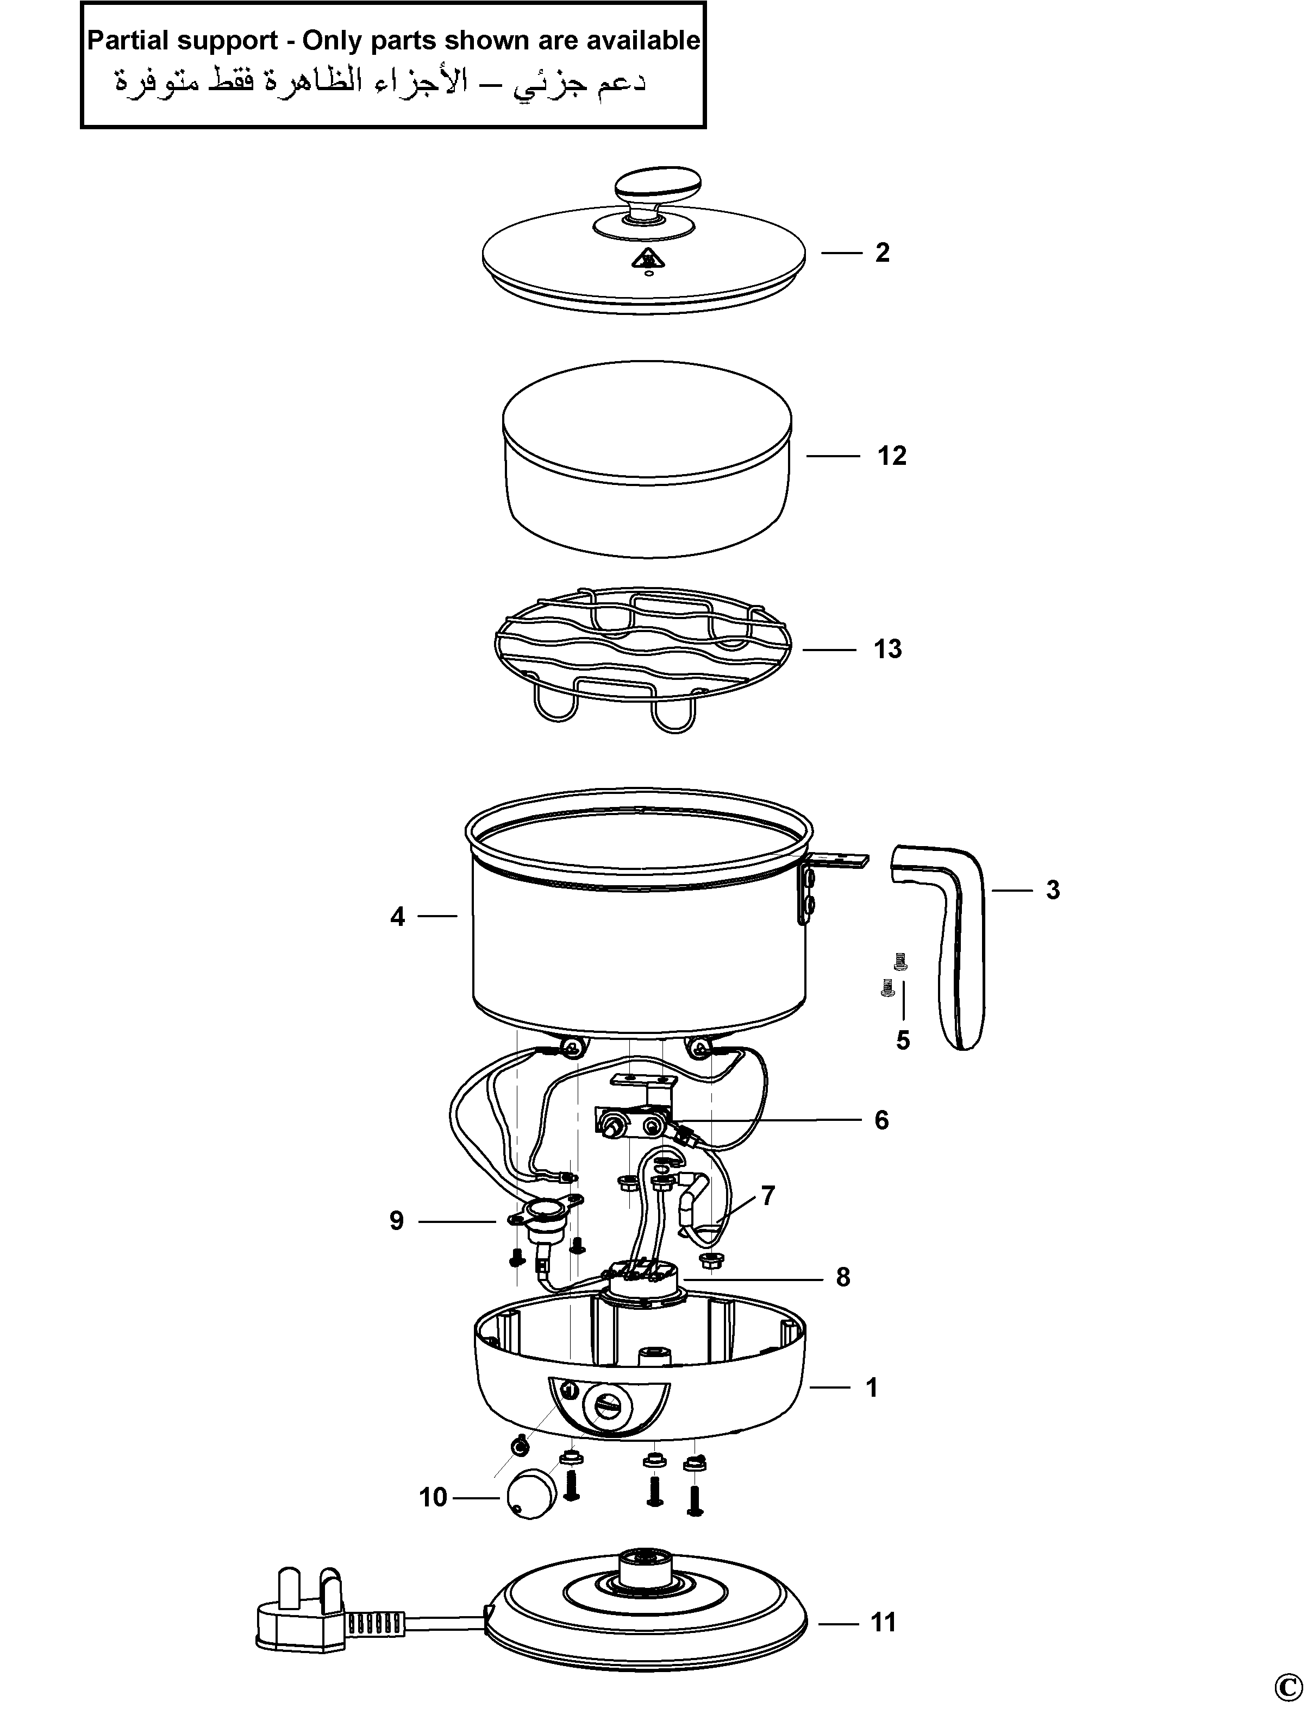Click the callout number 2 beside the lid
[881, 252]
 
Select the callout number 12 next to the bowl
[892, 455]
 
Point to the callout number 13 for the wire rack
[887, 648]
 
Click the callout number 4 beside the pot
[398, 917]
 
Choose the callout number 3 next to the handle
[1053, 890]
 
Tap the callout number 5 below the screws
[903, 1040]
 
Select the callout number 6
[881, 1120]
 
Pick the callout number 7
[768, 1195]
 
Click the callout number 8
[843, 1277]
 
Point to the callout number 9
[397, 1221]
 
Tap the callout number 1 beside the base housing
[872, 1387]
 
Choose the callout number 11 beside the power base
[883, 1622]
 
